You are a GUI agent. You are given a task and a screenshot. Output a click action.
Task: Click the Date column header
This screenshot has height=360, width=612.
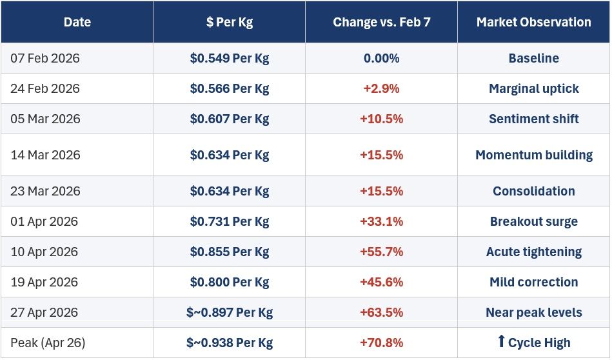click(x=77, y=22)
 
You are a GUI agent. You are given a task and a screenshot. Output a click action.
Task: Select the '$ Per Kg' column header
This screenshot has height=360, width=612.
click(x=230, y=22)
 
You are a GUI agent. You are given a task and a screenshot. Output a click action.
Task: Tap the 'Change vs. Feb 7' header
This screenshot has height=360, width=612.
click(x=381, y=22)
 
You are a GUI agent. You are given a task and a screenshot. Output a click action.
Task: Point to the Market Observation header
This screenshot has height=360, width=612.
click(x=533, y=22)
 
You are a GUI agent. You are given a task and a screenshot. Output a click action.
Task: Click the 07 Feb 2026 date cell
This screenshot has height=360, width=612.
click(x=45, y=58)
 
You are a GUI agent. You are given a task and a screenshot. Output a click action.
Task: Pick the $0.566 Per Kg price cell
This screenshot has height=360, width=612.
click(x=230, y=88)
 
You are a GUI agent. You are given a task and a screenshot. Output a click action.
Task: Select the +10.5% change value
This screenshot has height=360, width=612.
click(x=381, y=119)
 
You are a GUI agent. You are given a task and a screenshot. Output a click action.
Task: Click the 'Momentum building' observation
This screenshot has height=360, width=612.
click(x=533, y=155)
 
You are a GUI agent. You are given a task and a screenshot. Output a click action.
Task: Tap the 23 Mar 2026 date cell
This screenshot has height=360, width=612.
click(x=45, y=191)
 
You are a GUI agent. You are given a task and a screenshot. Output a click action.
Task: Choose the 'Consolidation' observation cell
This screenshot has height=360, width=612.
click(x=533, y=191)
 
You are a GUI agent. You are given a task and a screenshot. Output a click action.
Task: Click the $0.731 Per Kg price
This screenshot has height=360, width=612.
click(x=230, y=221)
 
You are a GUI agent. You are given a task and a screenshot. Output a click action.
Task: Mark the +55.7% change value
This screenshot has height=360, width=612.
click(x=381, y=252)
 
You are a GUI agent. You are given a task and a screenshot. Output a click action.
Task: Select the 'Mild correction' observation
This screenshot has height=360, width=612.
click(x=533, y=282)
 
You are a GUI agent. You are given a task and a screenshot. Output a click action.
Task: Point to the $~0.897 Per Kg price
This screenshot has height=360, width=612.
click(x=230, y=312)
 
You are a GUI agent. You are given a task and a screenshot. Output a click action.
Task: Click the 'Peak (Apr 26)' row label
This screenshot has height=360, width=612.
click(x=48, y=343)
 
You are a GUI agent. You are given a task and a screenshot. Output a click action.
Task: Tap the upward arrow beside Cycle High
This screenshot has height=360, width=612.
click(x=502, y=341)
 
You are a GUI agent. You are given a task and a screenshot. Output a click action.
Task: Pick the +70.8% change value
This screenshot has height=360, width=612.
click(x=381, y=343)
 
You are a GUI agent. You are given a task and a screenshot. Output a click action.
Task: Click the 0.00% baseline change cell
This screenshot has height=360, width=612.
click(x=381, y=58)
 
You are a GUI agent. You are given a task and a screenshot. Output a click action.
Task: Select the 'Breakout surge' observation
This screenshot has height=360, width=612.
click(x=533, y=221)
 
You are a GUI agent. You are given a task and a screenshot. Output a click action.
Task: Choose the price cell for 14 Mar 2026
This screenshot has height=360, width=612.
click(x=230, y=155)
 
